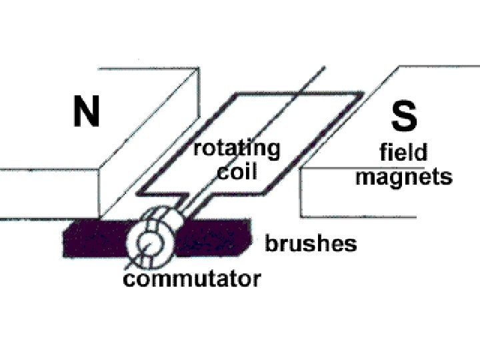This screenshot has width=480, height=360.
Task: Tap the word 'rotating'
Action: coord(237,149)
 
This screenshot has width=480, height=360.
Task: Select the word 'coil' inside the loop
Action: coord(237,171)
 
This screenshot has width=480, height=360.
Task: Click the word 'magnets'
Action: coord(404,177)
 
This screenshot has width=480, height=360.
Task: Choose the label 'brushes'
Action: coord(311,244)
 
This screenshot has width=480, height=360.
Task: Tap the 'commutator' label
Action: coord(191,278)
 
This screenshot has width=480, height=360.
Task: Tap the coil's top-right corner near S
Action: coord(361,95)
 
